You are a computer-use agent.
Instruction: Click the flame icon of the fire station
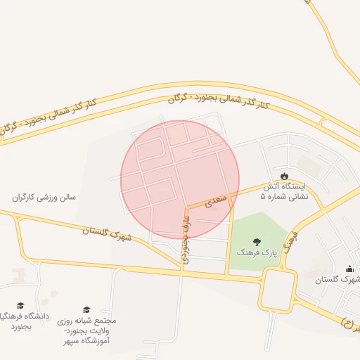284,176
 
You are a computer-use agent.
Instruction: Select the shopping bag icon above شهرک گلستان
350,269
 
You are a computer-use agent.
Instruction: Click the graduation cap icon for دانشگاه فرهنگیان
20,305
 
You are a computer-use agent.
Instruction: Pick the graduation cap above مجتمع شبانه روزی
86,309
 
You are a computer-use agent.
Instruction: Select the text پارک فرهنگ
256,252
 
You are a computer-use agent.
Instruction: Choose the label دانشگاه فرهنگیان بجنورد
22,321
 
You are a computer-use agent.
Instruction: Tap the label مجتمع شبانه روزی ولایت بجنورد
87,326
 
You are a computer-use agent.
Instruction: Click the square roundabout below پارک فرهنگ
278,290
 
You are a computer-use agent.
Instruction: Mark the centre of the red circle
180,180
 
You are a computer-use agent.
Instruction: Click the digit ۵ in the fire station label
263,198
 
